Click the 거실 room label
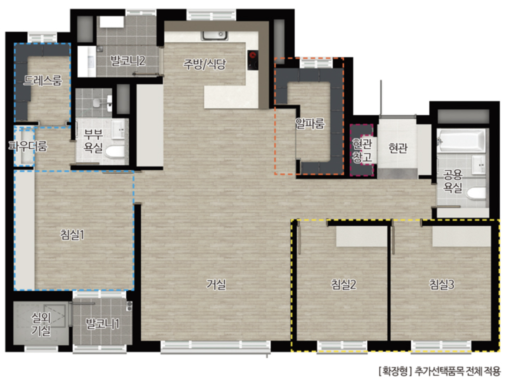pyautogui.click(x=216, y=285)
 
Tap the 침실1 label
pyautogui.click(x=72, y=234)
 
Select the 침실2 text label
pyautogui.click(x=344, y=285)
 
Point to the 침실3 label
pyautogui.click(x=441, y=285)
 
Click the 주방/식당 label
pyautogui.click(x=204, y=64)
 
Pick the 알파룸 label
pyautogui.click(x=310, y=123)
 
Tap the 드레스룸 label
pyautogui.click(x=43, y=80)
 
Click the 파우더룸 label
pyautogui.click(x=28, y=146)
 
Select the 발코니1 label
pyautogui.click(x=103, y=323)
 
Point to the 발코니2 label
pyautogui.click(x=128, y=61)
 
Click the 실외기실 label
pyautogui.click(x=41, y=324)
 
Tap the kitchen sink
pyautogui.click(x=215, y=36)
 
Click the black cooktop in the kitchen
pyautogui.click(x=253, y=60)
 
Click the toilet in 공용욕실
pyautogui.click(x=476, y=194)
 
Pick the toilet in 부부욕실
pyautogui.click(x=115, y=152)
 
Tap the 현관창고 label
pyautogui.click(x=362, y=150)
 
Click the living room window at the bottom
pyautogui.click(x=215, y=347)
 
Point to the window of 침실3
pyautogui.click(x=441, y=347)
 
